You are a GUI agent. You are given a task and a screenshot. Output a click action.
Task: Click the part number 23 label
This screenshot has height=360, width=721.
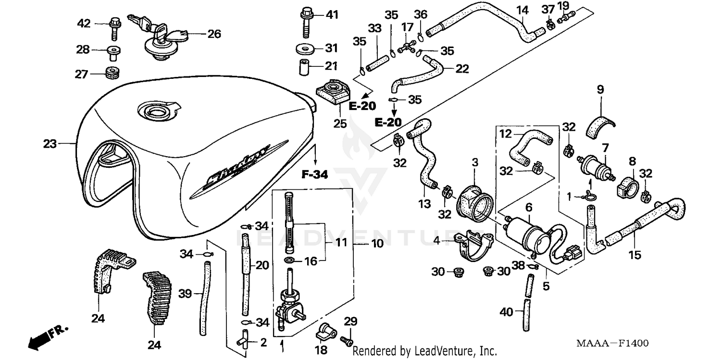coord(50,143)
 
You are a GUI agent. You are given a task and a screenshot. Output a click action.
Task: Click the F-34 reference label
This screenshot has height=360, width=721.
coord(315,175)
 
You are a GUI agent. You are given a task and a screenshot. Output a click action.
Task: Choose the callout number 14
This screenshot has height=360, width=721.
coord(522,10)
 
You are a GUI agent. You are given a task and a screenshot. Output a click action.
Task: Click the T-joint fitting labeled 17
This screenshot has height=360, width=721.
coord(408,47)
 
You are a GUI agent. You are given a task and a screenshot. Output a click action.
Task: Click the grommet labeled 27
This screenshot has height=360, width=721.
coord(112,74)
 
